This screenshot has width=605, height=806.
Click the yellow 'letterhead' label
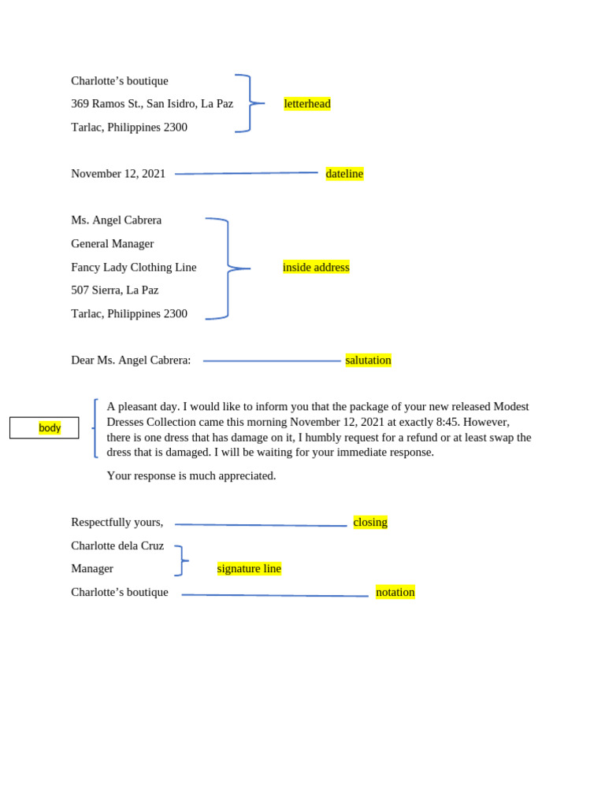pos(307,104)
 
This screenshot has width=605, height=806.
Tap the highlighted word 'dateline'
pos(344,174)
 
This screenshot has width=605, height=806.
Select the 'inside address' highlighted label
pos(316,268)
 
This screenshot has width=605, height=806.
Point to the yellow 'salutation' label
pos(368,360)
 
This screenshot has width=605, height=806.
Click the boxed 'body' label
pos(50,428)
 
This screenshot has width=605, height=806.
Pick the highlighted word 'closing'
pos(370,523)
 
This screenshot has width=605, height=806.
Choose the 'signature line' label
pos(249,569)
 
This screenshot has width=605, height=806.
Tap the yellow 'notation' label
pos(395,592)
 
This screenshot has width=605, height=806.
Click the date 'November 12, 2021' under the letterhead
pos(118,174)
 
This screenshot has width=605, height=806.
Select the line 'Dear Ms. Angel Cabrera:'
pos(131,360)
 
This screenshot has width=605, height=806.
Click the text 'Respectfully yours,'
pos(117,523)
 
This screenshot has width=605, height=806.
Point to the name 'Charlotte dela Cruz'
pos(117,545)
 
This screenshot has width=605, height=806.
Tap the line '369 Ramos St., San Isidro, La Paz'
pos(152,104)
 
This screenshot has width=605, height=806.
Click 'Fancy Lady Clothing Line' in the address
pos(134,268)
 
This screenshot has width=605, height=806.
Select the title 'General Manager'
pos(113,244)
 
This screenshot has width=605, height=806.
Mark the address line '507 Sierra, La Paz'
pos(115,290)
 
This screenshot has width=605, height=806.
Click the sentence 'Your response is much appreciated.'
pos(191,476)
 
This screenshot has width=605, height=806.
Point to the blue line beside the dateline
pos(246,173)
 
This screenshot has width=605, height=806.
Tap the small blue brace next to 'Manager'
pos(180,560)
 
